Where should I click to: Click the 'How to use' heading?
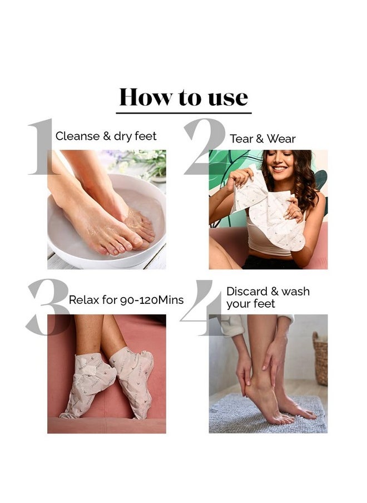tap(183, 97)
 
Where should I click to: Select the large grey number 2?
tap(205, 146)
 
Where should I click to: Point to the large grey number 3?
tap(48, 307)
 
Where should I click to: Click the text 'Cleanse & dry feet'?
tap(106, 136)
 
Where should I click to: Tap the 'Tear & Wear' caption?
tap(262, 139)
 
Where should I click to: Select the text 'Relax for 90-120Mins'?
tap(126, 300)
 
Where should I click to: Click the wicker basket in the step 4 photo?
tap(320, 358)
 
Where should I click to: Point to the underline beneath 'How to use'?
tap(183, 113)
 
